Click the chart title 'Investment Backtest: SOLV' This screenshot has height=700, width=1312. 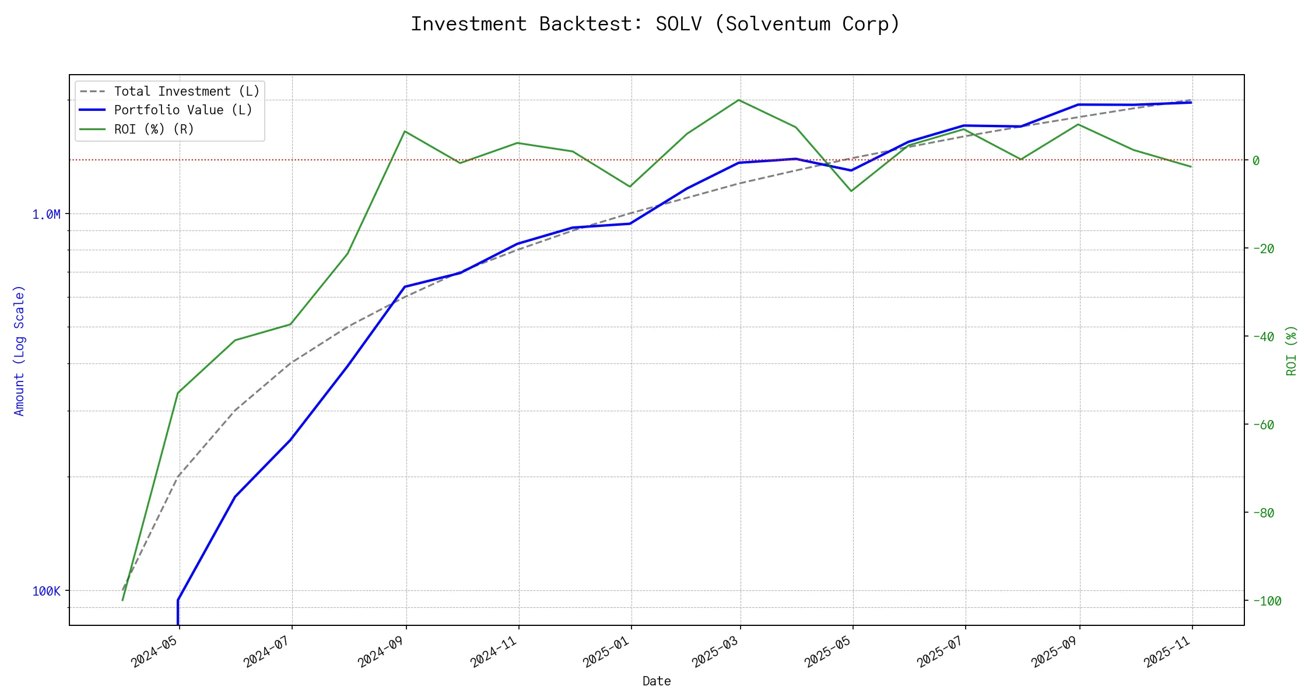click(x=655, y=24)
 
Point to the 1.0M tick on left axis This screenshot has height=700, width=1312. click(x=46, y=215)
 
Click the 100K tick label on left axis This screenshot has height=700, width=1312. click(x=46, y=591)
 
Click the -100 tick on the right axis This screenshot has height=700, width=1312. click(x=1266, y=601)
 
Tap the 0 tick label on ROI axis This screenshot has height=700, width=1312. click(x=1256, y=160)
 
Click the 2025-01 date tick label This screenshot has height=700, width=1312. click(x=606, y=652)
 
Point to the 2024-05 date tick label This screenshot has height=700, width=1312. click(x=154, y=652)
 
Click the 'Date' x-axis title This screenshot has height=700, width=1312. click(x=657, y=681)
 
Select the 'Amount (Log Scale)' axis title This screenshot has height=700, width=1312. click(x=20, y=350)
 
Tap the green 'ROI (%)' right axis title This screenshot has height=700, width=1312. click(x=1292, y=350)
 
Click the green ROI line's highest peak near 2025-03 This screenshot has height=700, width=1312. click(x=739, y=100)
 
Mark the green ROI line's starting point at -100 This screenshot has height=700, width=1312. click(x=122, y=600)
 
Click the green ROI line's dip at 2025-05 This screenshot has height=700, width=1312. click(x=852, y=191)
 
